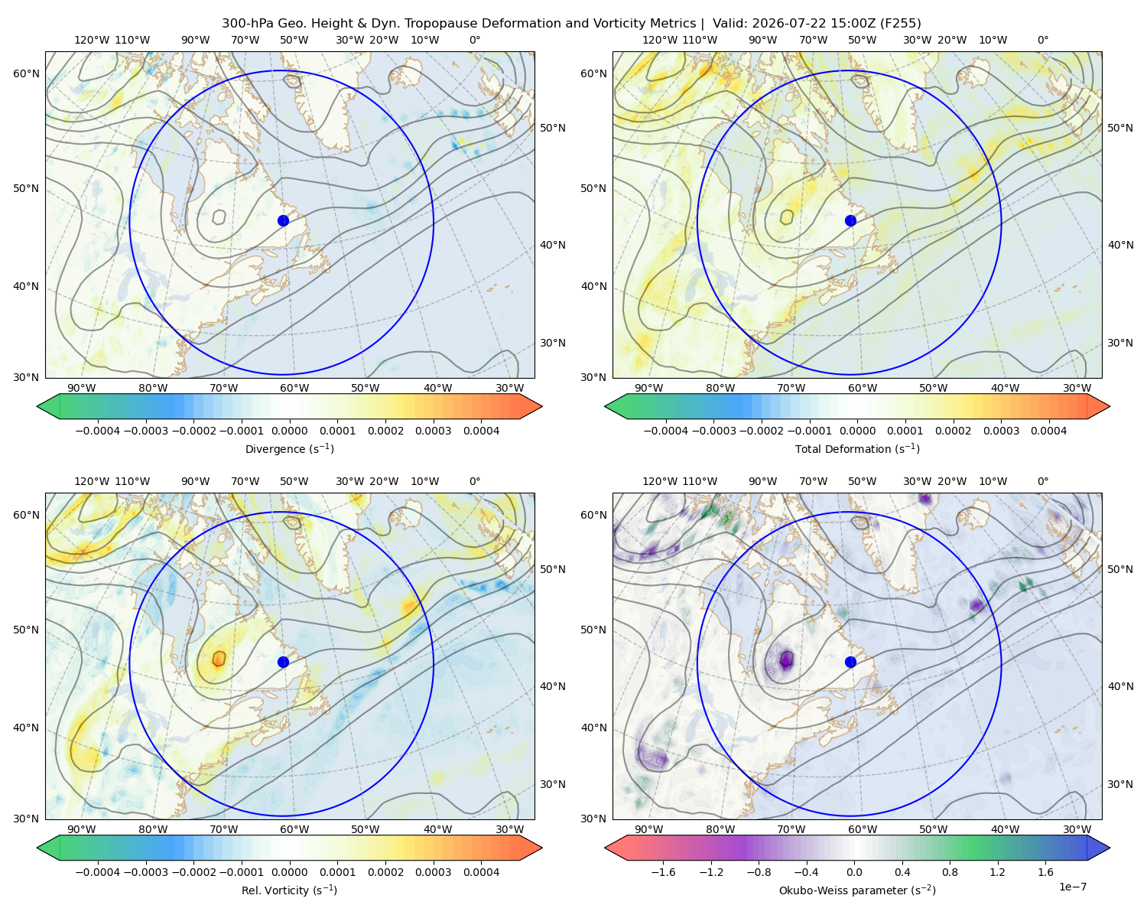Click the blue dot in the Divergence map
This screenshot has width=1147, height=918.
tap(283, 221)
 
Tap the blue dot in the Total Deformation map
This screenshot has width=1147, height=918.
tap(850, 221)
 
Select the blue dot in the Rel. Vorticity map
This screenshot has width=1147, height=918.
tap(283, 662)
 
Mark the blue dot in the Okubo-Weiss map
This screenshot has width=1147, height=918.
tap(850, 662)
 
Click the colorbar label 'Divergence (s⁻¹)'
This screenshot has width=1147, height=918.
tap(289, 449)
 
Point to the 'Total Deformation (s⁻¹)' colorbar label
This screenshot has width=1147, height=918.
tap(857, 449)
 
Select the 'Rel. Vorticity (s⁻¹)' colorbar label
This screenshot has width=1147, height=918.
tap(289, 890)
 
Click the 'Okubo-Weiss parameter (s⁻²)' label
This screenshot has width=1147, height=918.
tap(857, 890)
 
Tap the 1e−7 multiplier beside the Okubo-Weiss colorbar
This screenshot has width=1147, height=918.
tap(1072, 887)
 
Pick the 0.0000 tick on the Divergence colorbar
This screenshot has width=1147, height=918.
tap(289, 431)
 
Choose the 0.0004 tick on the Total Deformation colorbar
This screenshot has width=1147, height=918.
tap(1048, 431)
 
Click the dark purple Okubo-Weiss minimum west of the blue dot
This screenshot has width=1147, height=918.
tap(786, 659)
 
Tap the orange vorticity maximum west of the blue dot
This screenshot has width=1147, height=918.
tap(219, 659)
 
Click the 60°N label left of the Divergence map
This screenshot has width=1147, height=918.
tap(26, 73)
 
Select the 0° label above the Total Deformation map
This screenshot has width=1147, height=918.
tap(1042, 40)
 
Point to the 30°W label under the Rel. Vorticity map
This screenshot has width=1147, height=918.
tap(509, 829)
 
